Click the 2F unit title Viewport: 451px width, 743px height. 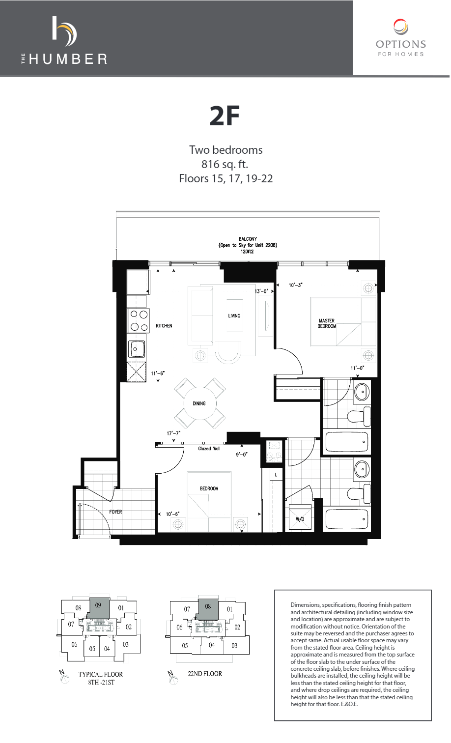[225, 116]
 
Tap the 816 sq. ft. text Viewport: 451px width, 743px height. [225, 164]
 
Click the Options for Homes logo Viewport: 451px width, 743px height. [400, 38]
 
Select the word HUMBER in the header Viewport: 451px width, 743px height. [68, 59]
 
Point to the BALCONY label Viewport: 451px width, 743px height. [248, 239]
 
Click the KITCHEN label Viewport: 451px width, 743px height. [164, 326]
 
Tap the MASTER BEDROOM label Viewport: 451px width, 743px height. [327, 323]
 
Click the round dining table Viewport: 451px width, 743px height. [200, 403]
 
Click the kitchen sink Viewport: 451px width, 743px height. [137, 349]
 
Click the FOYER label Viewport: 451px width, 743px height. [115, 512]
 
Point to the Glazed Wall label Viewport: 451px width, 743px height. [209, 449]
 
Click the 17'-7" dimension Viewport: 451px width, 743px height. [173, 433]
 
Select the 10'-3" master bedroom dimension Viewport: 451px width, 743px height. [295, 285]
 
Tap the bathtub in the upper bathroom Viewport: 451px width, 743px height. [347, 441]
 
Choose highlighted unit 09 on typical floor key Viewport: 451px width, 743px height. [98, 608]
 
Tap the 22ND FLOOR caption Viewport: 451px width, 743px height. [205, 674]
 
